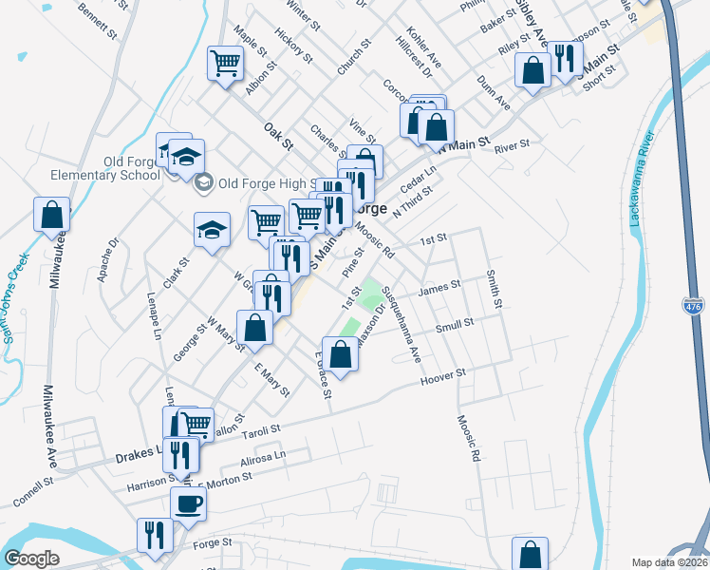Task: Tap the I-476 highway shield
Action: (x=693, y=306)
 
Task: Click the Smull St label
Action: (x=455, y=326)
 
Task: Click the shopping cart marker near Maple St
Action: (x=227, y=65)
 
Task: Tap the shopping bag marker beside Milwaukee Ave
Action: (x=51, y=215)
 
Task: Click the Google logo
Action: (x=31, y=559)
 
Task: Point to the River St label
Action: (x=511, y=145)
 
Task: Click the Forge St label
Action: (x=212, y=542)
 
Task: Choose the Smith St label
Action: (x=494, y=289)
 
